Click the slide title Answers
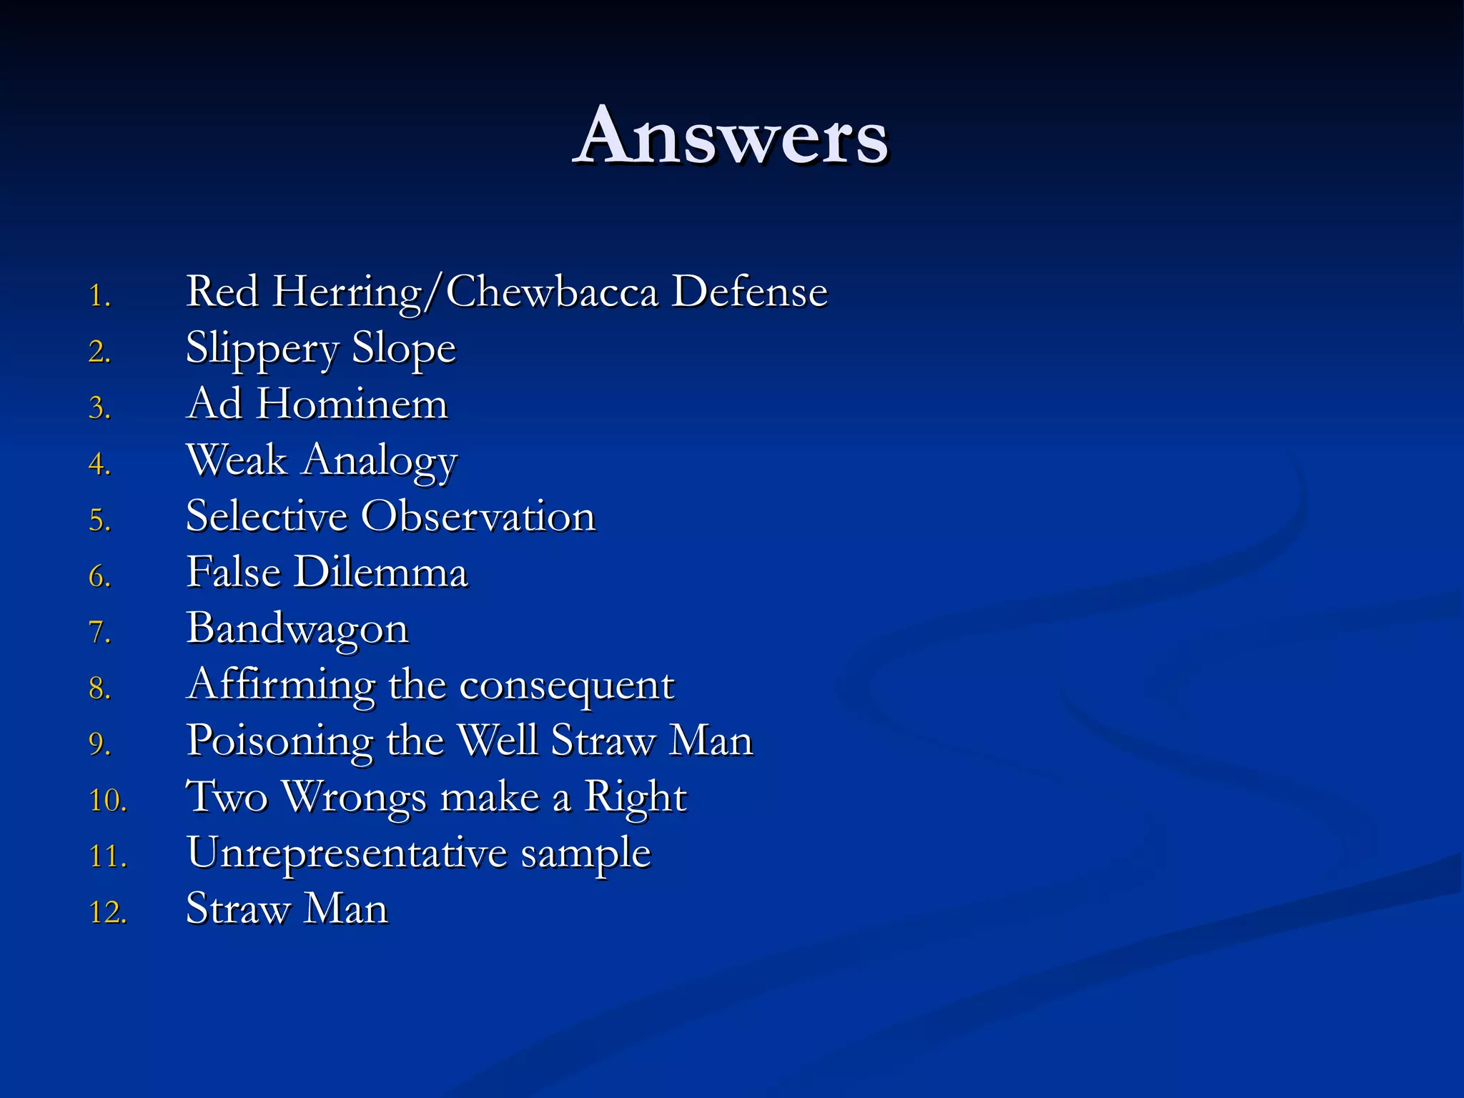click(731, 136)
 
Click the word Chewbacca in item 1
click(551, 292)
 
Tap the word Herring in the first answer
click(347, 292)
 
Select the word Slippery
click(262, 349)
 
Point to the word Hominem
click(352, 405)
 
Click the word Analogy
click(379, 461)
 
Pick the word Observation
click(478, 516)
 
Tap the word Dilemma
click(381, 573)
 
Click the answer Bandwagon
click(297, 629)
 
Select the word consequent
click(566, 686)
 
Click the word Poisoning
click(280, 741)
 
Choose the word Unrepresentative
click(347, 854)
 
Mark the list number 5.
click(99, 520)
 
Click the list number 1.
click(99, 296)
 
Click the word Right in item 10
click(635, 797)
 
